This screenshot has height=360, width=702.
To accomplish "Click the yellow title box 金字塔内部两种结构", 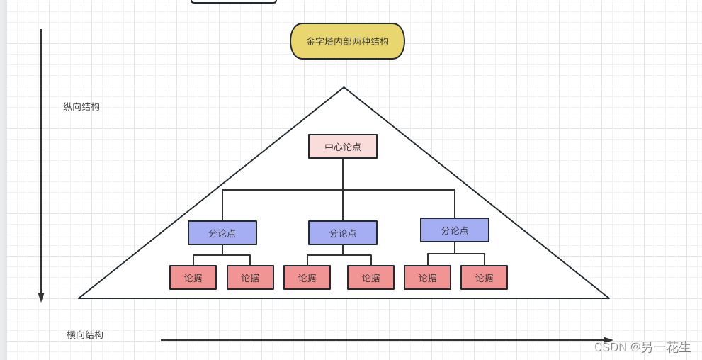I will pos(347,41).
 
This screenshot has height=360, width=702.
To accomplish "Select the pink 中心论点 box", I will pos(343,147).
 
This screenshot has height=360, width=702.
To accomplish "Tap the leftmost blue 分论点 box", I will pos(222,233).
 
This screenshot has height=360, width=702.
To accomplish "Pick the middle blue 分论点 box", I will pos(343,233).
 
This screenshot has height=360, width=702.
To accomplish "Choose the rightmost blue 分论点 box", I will pos(455,230).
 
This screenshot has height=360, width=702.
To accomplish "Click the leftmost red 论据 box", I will pos(193,278).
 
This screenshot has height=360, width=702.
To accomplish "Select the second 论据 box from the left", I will pos(250,278).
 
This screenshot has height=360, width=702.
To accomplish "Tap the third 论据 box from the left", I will pos(307,278).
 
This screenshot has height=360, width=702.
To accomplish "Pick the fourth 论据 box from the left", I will pos(370,278).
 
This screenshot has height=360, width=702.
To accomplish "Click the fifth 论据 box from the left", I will pos(427,278).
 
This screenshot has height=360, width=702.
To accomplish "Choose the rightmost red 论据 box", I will pos(484,278).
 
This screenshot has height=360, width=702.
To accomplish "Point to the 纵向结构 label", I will pos(81,107).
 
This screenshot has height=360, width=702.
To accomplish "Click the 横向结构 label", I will pos(85,334).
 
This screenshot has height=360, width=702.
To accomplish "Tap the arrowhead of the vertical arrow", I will pos(41,298).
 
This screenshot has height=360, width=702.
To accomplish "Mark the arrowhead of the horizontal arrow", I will pos(608,340).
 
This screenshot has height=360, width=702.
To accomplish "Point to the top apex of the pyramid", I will pos(344,88).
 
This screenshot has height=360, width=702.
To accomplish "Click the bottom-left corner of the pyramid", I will pos(80,298).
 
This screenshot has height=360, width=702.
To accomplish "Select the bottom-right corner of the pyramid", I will pos(608,298).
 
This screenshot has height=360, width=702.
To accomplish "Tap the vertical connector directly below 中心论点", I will pos(343,174).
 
